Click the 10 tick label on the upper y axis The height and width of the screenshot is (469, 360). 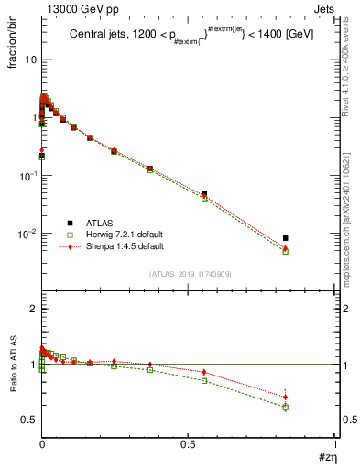coord(28,60)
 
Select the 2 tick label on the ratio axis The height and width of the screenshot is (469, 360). coord(32,310)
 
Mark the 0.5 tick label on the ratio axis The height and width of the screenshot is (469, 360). coord(28,420)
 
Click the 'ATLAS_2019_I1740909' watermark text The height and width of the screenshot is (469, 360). coord(191,274)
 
